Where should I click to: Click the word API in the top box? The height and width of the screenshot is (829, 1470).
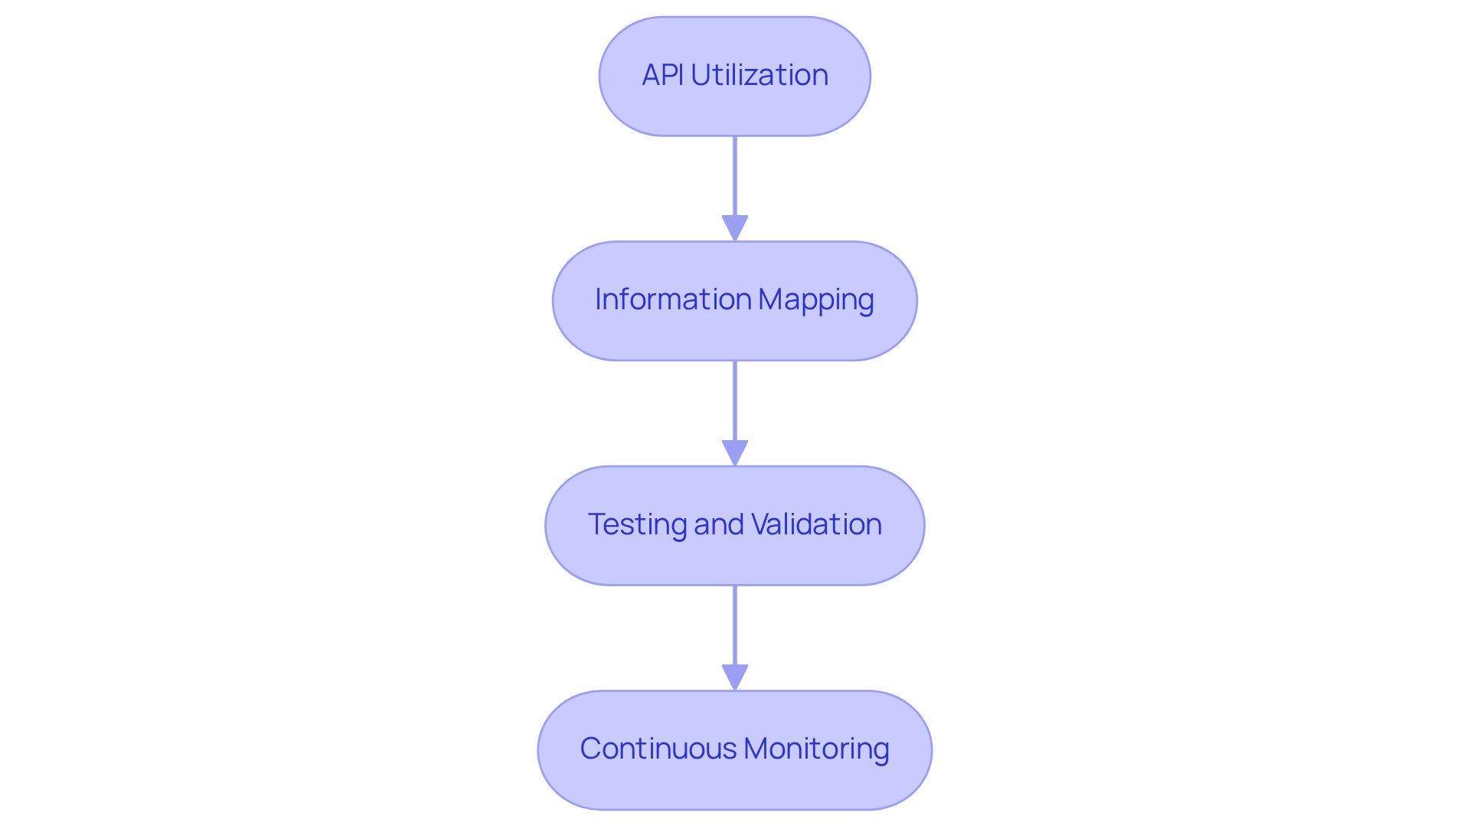pos(662,75)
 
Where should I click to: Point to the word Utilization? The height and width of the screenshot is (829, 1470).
pos(759,75)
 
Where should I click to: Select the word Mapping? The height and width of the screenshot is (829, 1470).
pos(816,300)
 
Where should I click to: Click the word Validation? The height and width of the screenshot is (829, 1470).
pos(816,524)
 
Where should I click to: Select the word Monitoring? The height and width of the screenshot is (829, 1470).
pos(816,749)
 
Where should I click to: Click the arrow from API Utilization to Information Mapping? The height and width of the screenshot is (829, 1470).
pos(735,180)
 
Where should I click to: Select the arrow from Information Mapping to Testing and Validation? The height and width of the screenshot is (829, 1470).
pos(735,402)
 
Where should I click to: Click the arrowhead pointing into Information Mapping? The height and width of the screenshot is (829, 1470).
pos(735,228)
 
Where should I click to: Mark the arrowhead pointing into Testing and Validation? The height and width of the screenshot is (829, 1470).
pos(735,452)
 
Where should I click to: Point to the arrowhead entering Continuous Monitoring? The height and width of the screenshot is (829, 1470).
pos(735,677)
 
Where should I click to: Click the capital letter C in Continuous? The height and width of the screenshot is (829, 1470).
pos(590,749)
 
